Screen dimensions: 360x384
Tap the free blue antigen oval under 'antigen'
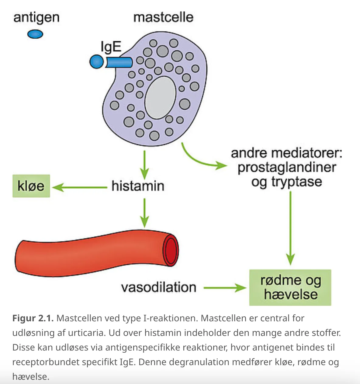point(35,34)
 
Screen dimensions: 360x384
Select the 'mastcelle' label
point(163,17)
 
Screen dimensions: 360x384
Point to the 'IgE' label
point(111,47)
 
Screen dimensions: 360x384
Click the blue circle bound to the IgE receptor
point(96,62)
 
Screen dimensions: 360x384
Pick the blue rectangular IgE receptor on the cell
point(119,62)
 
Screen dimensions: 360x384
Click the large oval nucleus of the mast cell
point(160,98)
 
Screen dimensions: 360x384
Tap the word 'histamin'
point(138,186)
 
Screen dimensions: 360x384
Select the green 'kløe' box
point(31,186)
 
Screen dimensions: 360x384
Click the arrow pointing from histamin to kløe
point(80,187)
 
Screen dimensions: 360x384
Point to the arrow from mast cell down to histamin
point(144,165)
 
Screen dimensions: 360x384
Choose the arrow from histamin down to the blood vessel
point(144,213)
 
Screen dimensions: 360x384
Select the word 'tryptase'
point(297,182)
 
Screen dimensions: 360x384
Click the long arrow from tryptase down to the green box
point(290,228)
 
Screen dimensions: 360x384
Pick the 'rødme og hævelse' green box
point(290,288)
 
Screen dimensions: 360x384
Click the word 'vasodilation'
point(159,287)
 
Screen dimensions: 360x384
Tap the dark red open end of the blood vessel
point(171,251)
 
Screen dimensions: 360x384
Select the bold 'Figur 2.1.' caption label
point(33,318)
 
